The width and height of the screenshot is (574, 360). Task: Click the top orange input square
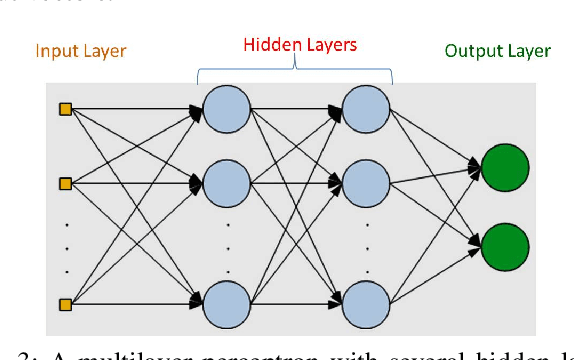65,109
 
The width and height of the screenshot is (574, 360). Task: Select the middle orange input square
65,184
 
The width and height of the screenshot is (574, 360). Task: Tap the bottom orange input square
65,303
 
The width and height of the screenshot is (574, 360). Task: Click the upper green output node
504,167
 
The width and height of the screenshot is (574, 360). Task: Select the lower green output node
504,246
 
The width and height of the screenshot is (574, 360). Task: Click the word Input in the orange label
55,50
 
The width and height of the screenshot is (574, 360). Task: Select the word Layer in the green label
528,50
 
